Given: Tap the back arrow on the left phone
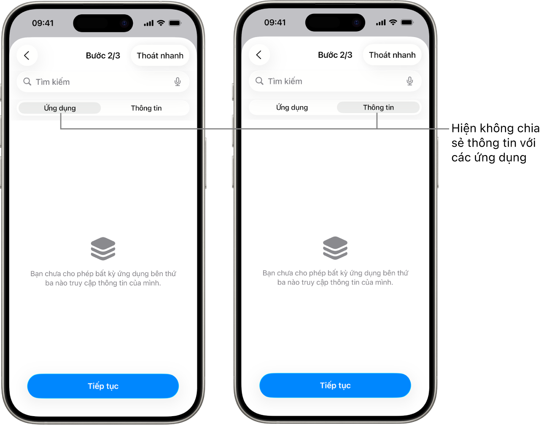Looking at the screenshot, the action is [27, 55].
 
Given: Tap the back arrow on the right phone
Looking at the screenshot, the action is [259, 54].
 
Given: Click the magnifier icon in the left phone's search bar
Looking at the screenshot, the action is [27, 82].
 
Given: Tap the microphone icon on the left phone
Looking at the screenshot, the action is [178, 82].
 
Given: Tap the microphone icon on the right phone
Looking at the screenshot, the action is [409, 81].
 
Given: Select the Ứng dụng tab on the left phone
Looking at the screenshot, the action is [60, 108].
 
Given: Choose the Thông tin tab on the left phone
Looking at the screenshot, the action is [146, 108].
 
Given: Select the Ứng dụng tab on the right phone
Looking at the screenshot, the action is [292, 107].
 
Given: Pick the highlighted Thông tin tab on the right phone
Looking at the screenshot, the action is [378, 107].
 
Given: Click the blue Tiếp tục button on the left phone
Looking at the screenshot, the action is [103, 386].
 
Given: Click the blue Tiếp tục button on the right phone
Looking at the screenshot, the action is [335, 385].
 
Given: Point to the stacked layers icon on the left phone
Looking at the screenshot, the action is [103, 248].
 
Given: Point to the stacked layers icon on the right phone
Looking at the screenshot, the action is [335, 247].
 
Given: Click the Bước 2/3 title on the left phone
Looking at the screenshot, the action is [103, 55].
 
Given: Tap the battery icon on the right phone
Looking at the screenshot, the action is [407, 22].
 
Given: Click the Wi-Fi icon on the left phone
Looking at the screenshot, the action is [161, 23].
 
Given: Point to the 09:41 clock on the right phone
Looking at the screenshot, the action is [275, 22].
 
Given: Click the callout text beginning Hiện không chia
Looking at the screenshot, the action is [495, 143].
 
